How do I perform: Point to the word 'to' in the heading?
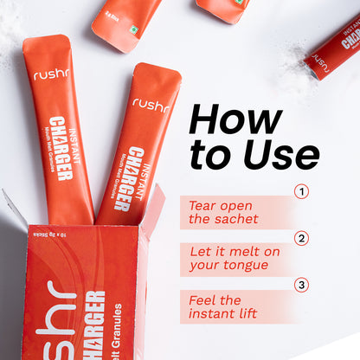209,155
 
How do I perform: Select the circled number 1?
301,191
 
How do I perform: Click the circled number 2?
301,239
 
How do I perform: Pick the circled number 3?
301,285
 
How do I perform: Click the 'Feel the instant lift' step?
223,305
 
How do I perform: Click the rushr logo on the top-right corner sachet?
321,60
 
